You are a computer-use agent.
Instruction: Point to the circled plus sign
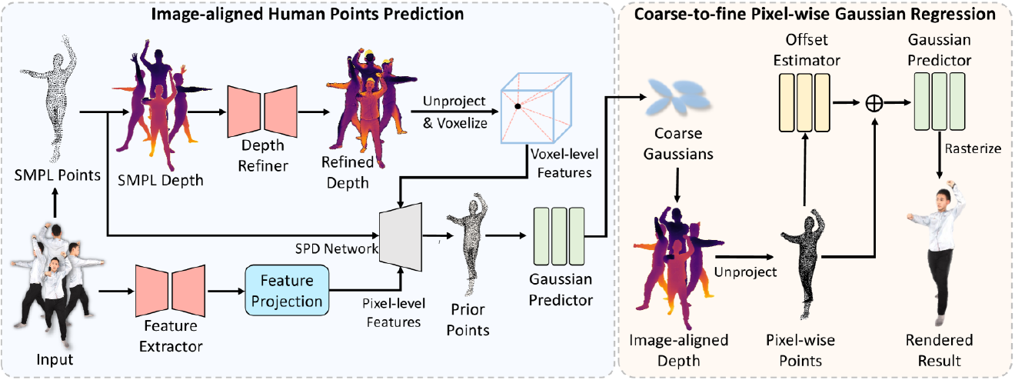point(874,103)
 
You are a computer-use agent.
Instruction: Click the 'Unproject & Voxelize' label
point(454,112)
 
